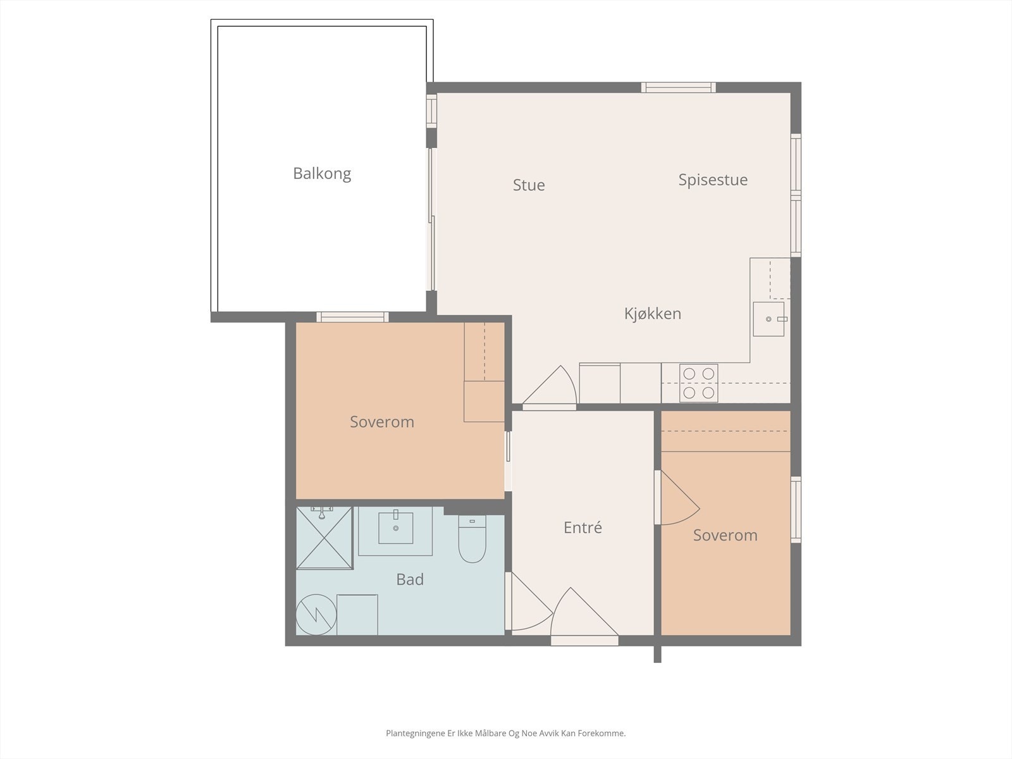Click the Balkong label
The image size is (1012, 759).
[322, 174]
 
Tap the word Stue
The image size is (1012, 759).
[529, 185]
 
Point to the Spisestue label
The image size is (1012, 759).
[713, 180]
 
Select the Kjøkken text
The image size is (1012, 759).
[652, 313]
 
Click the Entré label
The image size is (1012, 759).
[583, 528]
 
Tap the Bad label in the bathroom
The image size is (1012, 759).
[410, 579]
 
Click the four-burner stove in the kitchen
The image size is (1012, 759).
[698, 383]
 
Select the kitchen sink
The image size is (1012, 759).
[768, 319]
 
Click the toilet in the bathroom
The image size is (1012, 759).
[472, 538]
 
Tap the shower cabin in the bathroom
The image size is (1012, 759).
[324, 538]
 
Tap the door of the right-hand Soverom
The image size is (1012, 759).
[677, 498]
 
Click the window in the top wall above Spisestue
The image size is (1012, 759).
[678, 87]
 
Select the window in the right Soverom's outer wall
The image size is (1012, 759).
[796, 510]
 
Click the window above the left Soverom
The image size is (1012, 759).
[353, 317]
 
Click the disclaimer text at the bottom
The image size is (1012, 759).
[506, 733]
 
